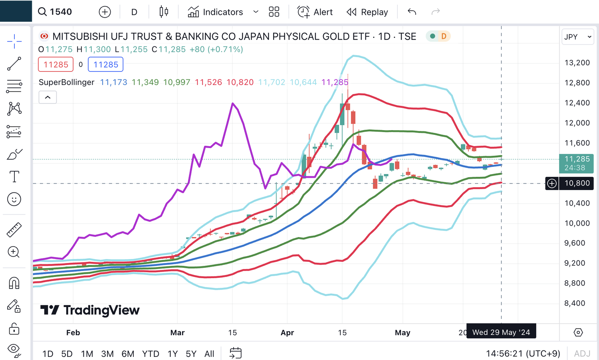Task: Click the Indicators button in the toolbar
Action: pos(216,12)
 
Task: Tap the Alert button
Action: pos(315,12)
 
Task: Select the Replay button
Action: pos(367,12)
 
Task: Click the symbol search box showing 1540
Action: pos(56,12)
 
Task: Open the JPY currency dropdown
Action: pos(577,37)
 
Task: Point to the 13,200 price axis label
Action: pos(577,63)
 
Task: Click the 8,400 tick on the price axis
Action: pos(575,303)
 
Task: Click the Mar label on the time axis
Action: pos(177,332)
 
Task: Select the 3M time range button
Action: pos(107,354)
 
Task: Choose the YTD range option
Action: pos(151,354)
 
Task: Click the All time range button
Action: pos(209,354)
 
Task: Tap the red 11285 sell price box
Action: pos(56,65)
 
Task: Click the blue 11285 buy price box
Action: pos(105,65)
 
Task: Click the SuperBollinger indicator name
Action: pos(66,82)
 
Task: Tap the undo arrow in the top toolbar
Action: pos(412,12)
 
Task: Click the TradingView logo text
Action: pos(101,310)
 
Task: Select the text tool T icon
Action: pos(14,176)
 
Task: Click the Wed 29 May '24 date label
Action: pos(501,332)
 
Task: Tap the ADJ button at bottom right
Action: pos(582,354)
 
